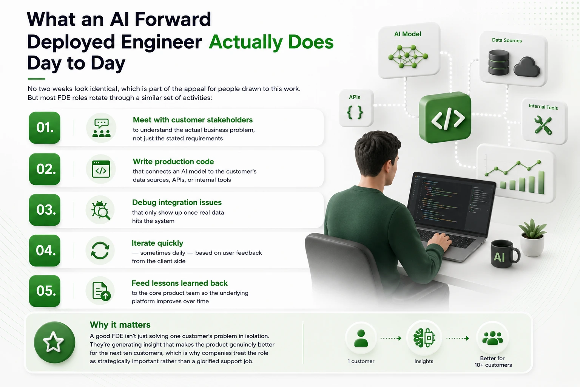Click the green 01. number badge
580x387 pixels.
(45, 127)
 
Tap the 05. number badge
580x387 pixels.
(45, 291)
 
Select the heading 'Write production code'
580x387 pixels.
(173, 161)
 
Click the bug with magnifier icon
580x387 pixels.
(100, 210)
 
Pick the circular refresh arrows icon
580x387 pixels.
(100, 251)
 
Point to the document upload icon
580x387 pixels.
(101, 291)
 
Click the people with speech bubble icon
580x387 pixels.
(101, 128)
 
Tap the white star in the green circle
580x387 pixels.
(53, 342)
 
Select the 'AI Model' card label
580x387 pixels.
(407, 34)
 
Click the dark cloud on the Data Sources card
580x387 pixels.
(527, 67)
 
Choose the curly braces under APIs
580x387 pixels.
(355, 112)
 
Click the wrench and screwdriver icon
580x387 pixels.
(543, 125)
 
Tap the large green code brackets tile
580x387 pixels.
(445, 117)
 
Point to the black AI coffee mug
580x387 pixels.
(504, 254)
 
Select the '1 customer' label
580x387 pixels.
(361, 361)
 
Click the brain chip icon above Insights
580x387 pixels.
(424, 338)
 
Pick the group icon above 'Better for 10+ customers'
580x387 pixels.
(492, 338)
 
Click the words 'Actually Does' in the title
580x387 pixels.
(271, 42)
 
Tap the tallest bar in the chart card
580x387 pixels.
(541, 182)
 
